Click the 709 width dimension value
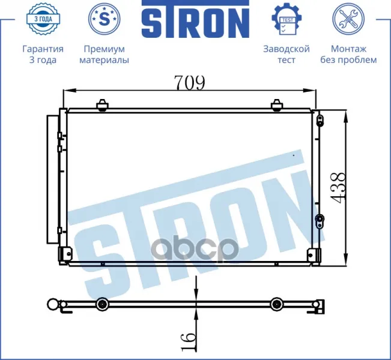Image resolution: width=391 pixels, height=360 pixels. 190,82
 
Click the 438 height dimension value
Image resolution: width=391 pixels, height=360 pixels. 338,188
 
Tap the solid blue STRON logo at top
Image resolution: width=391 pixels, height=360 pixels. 196,19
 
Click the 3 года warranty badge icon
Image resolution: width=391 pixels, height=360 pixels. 43,19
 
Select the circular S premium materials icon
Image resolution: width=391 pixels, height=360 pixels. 105,19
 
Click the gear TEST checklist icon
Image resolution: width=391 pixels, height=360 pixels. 286,19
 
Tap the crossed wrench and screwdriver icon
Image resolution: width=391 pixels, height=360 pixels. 348,19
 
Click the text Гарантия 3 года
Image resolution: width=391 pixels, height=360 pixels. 43,55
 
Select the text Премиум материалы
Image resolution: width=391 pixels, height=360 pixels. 105,55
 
